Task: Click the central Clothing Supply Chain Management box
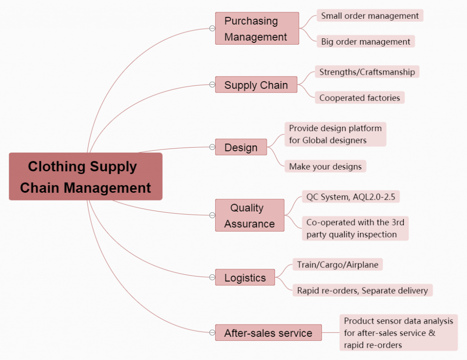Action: [x=86, y=176]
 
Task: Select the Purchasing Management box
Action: [x=257, y=29]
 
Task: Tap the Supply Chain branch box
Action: [x=256, y=85]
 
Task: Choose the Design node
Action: [x=241, y=147]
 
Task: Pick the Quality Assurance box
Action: [x=249, y=215]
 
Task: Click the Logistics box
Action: [x=245, y=277]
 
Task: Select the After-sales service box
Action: [x=268, y=333]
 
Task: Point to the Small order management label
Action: [x=370, y=15]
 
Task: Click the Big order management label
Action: [x=366, y=41]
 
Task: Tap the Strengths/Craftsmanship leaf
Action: [x=367, y=72]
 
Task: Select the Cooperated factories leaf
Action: [x=360, y=98]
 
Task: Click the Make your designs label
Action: [x=325, y=166]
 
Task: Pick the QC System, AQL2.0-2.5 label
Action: [x=351, y=197]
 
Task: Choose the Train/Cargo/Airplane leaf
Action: [x=338, y=264]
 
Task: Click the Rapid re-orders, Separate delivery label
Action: [x=363, y=290]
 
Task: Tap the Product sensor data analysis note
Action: [x=399, y=333]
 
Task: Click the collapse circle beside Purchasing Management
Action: [x=212, y=29]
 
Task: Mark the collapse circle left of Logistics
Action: [x=212, y=277]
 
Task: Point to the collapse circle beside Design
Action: [x=212, y=147]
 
